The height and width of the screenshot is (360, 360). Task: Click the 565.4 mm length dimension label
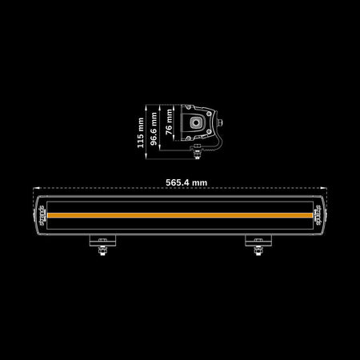pyautogui.click(x=186, y=182)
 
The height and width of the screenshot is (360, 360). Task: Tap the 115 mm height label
pyautogui.click(x=141, y=133)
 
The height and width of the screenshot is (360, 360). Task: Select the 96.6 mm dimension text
pyautogui.click(x=154, y=129)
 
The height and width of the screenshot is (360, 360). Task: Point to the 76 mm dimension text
pyautogui.click(x=169, y=122)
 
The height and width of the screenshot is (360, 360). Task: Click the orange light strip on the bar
pyautogui.click(x=180, y=215)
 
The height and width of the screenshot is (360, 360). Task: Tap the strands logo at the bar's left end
pyautogui.click(x=42, y=215)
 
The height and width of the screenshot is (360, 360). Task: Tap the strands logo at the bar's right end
pyautogui.click(x=318, y=215)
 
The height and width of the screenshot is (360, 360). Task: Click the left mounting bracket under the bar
pyautogui.click(x=102, y=241)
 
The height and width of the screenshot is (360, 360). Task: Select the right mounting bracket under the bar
pyautogui.click(x=258, y=241)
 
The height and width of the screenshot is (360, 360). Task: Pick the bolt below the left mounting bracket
pyautogui.click(x=102, y=250)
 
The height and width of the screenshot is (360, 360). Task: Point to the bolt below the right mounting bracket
pyautogui.click(x=258, y=250)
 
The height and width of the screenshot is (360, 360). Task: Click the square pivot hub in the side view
pyautogui.click(x=196, y=122)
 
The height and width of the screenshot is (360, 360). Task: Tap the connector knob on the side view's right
pyautogui.click(x=220, y=123)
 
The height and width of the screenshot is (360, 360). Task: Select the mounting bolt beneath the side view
pyautogui.click(x=197, y=154)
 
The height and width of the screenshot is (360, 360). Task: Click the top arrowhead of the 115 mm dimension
pyautogui.click(x=146, y=107)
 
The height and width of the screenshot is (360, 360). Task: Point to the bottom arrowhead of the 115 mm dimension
pyautogui.click(x=146, y=156)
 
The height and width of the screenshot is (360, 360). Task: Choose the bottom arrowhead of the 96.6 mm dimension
pyautogui.click(x=159, y=148)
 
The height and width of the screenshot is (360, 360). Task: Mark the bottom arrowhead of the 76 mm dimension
pyautogui.click(x=174, y=138)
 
